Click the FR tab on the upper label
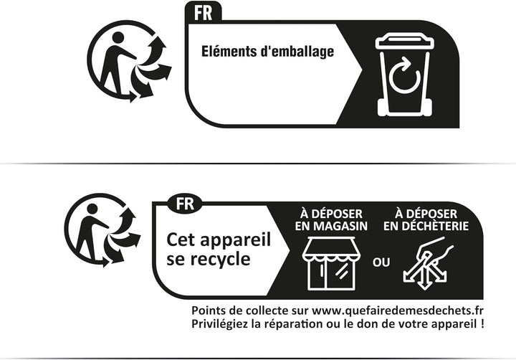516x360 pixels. [204, 12]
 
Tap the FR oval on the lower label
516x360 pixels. [185, 204]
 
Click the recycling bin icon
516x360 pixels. [405, 74]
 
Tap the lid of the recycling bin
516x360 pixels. [405, 40]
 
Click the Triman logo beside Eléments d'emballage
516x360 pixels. [129, 62]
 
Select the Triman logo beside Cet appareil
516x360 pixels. [102, 230]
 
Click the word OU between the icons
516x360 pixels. [381, 262]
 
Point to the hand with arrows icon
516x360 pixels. [427, 263]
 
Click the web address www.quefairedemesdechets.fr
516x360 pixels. [398, 311]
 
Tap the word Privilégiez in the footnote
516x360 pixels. [219, 324]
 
